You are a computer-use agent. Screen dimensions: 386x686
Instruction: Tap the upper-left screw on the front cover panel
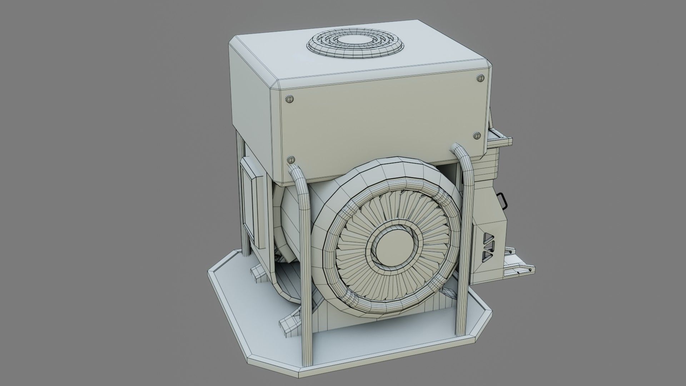coord(289,98)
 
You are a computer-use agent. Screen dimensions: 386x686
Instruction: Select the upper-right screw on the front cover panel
coord(480,78)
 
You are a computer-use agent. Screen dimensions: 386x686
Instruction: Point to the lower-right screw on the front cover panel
coord(477,135)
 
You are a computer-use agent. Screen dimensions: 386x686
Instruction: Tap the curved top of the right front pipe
coord(460,149)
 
